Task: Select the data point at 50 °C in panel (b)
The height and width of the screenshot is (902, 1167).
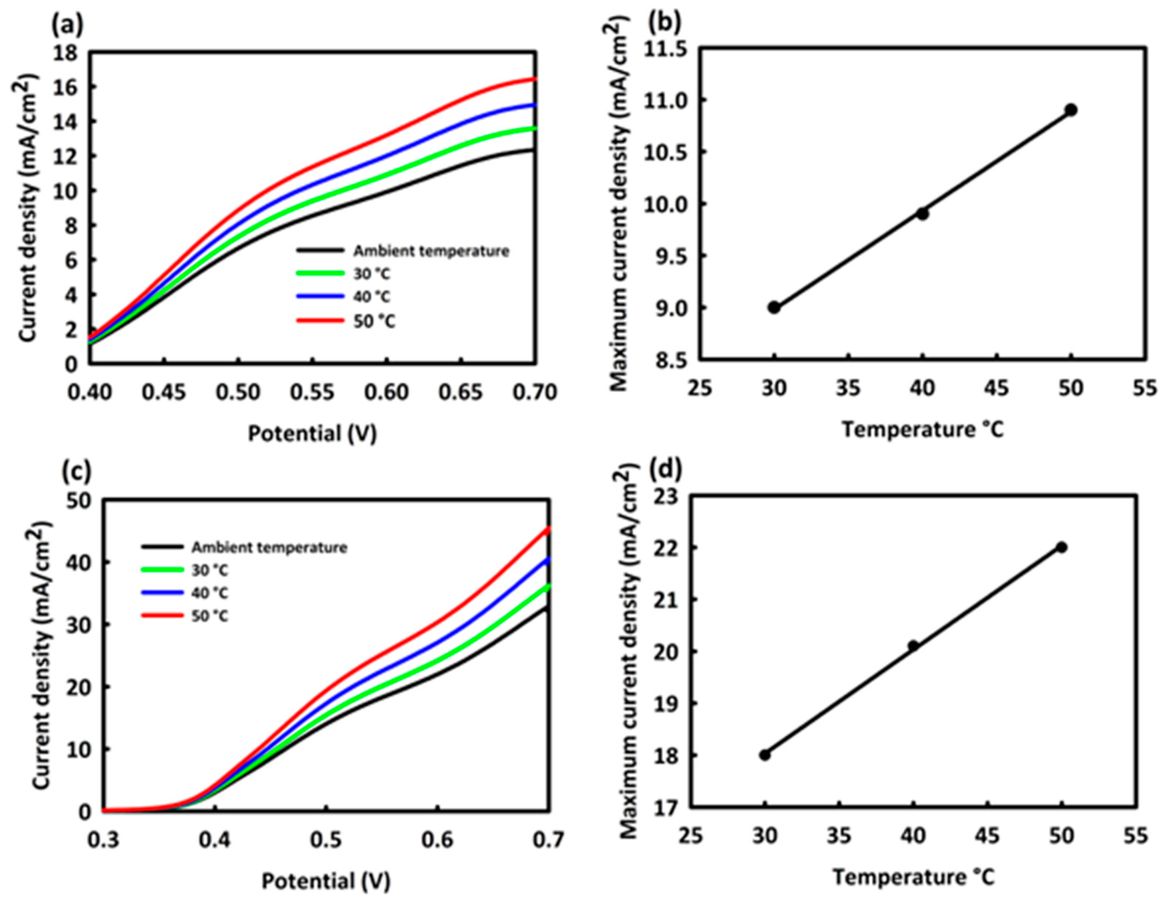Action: point(1071,110)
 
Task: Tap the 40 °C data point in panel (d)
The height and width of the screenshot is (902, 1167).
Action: point(913,645)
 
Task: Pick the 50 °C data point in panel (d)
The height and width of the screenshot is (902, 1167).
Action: point(1062,547)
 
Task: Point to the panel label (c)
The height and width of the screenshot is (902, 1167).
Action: point(76,471)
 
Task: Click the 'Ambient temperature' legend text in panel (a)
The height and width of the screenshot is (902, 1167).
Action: point(431,251)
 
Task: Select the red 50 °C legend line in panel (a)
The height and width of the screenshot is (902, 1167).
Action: point(320,320)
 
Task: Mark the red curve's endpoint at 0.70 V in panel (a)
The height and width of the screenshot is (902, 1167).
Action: point(535,79)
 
